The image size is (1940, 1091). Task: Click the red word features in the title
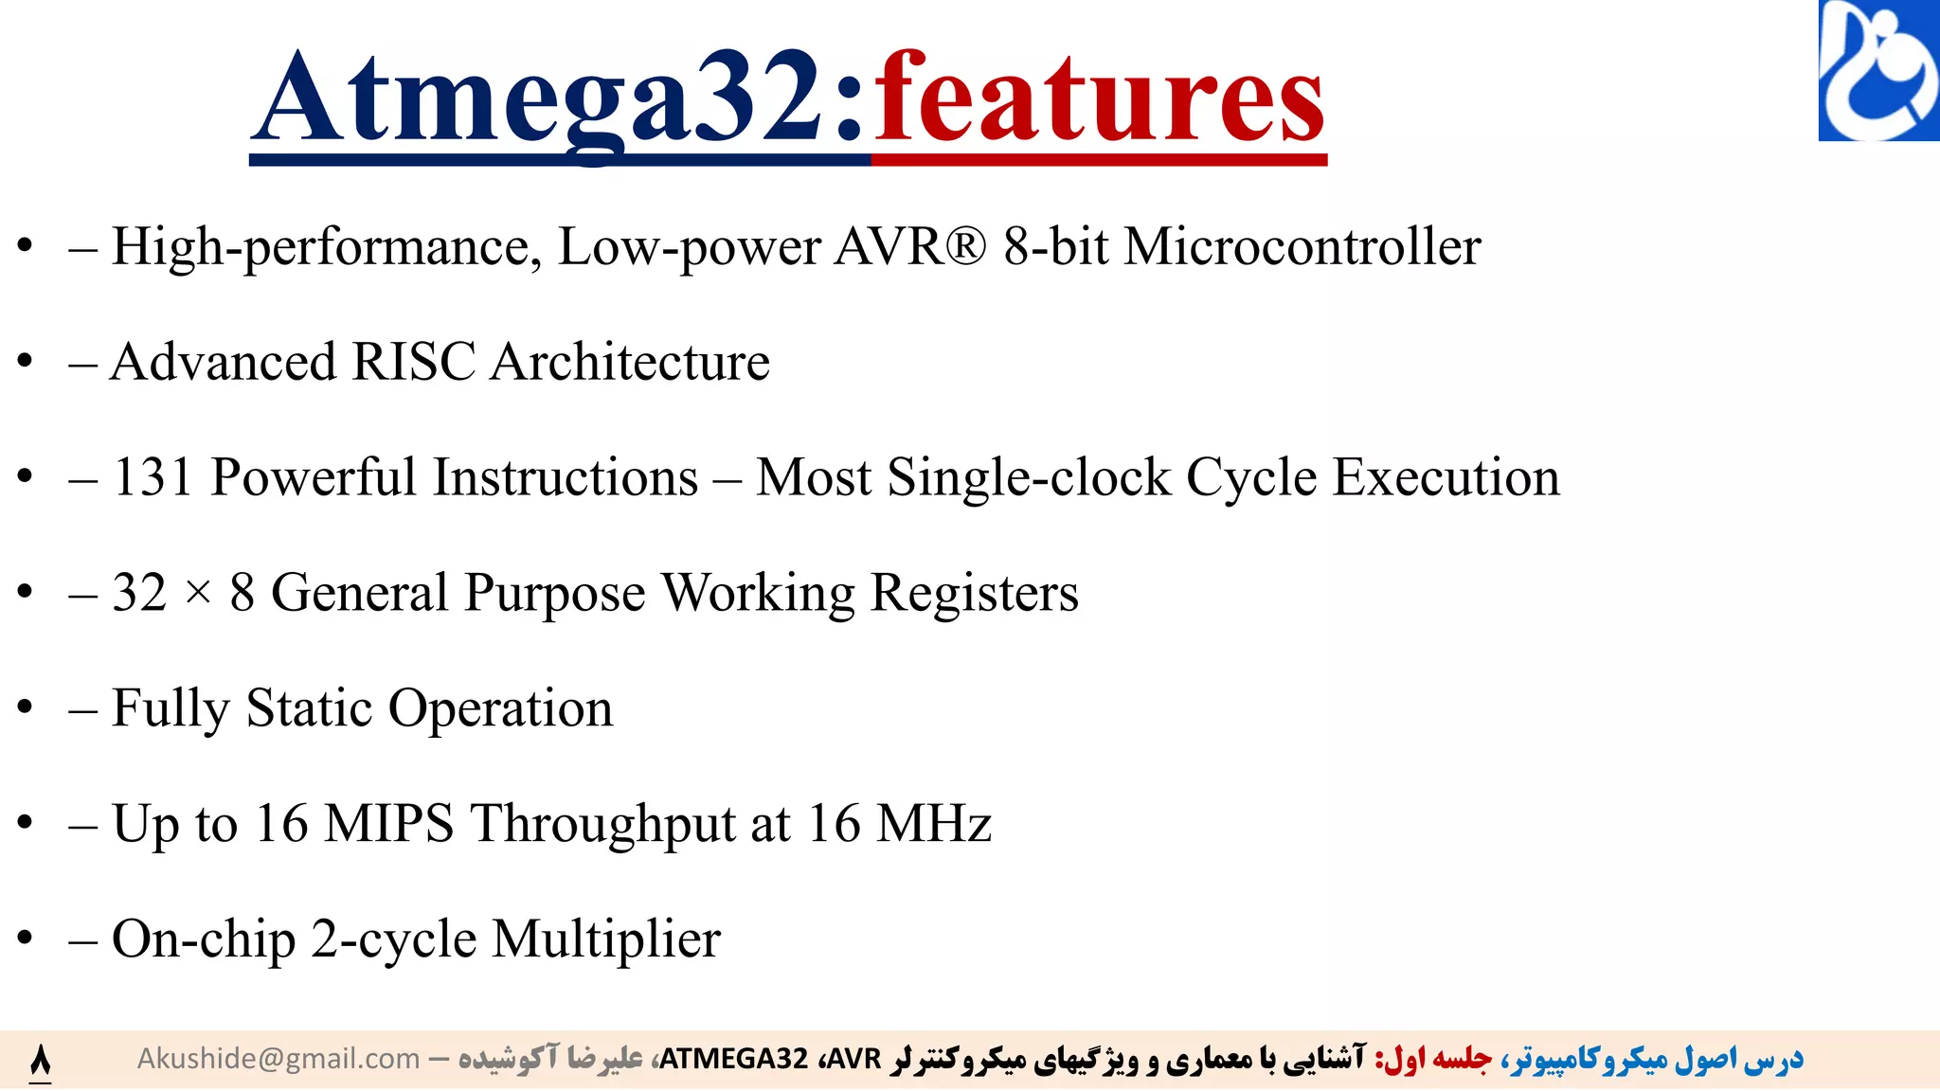1099,99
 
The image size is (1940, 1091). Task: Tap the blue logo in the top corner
1878,71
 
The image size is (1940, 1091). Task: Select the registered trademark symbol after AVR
965,246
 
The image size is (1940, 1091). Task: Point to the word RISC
413,362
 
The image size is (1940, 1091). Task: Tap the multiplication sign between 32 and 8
198,594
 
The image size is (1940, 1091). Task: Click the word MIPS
389,823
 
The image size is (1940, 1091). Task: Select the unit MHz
934,823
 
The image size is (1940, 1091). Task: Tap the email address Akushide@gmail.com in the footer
278,1059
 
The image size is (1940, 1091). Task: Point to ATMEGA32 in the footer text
733,1059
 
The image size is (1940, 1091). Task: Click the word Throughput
602,823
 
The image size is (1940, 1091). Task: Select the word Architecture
630,362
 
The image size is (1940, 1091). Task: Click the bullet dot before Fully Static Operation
26,706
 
